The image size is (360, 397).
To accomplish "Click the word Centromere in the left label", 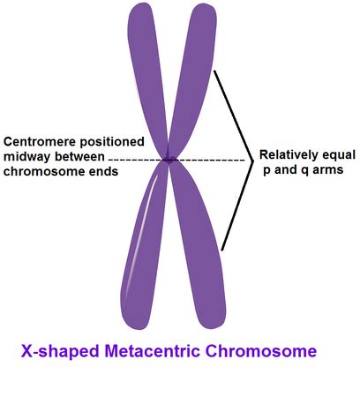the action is pos(41,142).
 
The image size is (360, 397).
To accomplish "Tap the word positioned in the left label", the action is pos(112,142).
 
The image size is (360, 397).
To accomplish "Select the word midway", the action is pos(26,157).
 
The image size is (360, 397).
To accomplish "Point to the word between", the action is pos(79,156).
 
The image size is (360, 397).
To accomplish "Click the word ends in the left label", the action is pos(103,171).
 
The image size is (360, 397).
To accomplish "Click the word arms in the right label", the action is pos(328,170).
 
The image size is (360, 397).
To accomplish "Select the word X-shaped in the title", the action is pos(60,351).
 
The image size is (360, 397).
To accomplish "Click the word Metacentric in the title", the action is pos(153,351).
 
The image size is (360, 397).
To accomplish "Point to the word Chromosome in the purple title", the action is pos(261,351).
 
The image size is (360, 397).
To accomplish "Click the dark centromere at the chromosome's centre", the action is pos(169,160).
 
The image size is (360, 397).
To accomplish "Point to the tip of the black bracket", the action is pos(253,161).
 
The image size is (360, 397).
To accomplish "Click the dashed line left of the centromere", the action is pos(136,161).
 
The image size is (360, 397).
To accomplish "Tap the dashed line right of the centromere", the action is pos(209,161).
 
